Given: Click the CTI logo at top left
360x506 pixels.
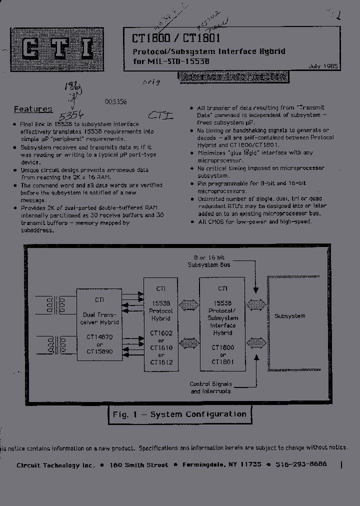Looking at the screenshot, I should [x=57, y=49].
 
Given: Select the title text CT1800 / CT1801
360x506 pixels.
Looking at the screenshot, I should [x=176, y=38].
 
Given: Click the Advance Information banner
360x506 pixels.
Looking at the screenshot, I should [x=233, y=76].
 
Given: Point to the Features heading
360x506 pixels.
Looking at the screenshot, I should [x=33, y=109].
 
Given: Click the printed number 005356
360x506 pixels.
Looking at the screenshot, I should [x=115, y=101].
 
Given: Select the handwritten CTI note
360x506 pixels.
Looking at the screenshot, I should [x=161, y=115].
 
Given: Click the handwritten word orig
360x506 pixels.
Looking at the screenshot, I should [x=151, y=82].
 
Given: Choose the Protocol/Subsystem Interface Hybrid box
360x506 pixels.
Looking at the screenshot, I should [x=222, y=325].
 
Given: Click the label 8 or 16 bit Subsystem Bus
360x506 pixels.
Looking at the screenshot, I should [x=209, y=261].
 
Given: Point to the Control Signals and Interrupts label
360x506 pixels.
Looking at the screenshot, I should [x=210, y=387].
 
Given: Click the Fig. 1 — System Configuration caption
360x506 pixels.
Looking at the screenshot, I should [x=179, y=414].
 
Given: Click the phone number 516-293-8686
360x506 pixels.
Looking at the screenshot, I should [x=300, y=464].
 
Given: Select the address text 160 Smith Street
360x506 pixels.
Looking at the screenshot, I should [x=139, y=464].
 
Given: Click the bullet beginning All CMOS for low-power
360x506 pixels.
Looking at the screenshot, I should [x=255, y=221].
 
